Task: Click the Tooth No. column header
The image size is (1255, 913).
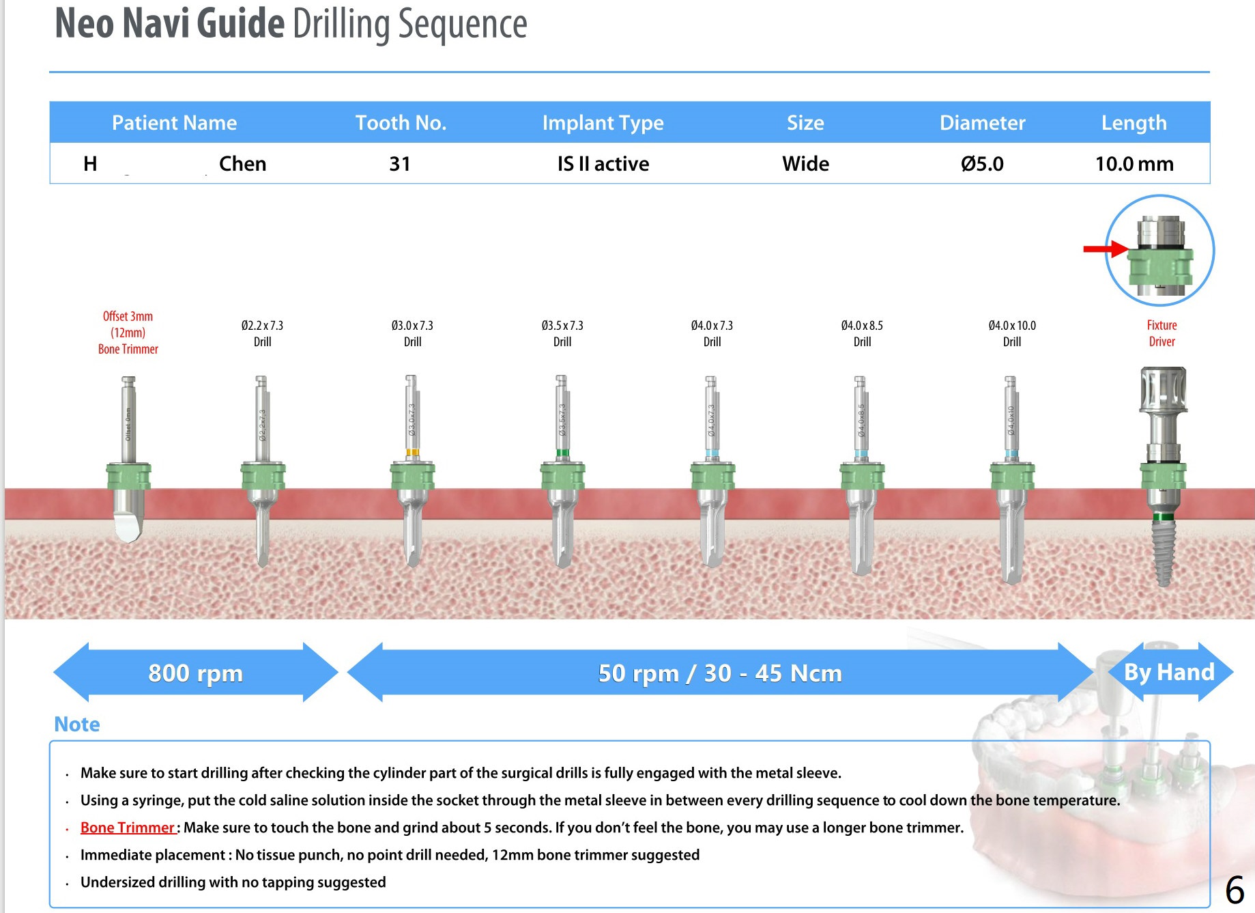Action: pyautogui.click(x=401, y=123)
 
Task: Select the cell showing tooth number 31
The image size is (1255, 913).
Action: pyautogui.click(x=400, y=164)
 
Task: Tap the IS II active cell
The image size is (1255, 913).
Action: pyautogui.click(x=603, y=164)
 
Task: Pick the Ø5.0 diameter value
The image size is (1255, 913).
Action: pyautogui.click(x=982, y=164)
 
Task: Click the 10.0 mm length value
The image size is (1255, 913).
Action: pyautogui.click(x=1134, y=164)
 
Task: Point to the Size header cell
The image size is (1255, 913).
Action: pyautogui.click(x=805, y=123)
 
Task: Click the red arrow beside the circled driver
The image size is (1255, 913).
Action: pyautogui.click(x=1105, y=249)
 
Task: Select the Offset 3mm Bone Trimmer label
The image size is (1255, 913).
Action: pyautogui.click(x=128, y=333)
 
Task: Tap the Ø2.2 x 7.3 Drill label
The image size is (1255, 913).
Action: pyautogui.click(x=262, y=333)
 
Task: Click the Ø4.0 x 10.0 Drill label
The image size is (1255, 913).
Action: pyautogui.click(x=1012, y=333)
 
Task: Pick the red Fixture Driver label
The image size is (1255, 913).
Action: pyautogui.click(x=1162, y=333)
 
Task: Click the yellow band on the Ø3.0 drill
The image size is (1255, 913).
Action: pyautogui.click(x=412, y=452)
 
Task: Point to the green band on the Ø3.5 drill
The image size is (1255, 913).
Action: pyautogui.click(x=562, y=453)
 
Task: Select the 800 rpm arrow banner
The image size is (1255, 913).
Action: pyautogui.click(x=195, y=673)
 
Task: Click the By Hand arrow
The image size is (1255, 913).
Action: pyautogui.click(x=1169, y=672)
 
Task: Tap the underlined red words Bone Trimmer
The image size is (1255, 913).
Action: pyautogui.click(x=128, y=828)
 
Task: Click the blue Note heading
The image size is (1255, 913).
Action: pyautogui.click(x=77, y=724)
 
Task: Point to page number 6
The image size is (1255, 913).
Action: pyautogui.click(x=1235, y=890)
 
